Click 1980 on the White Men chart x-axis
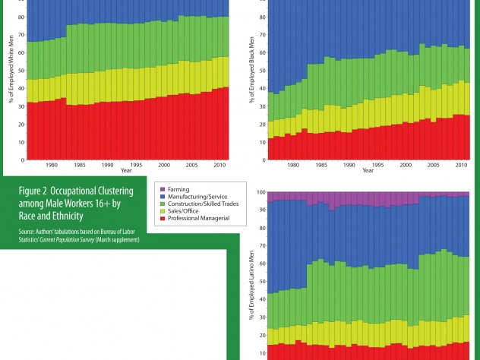point(52,164)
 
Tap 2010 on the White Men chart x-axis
point(219,164)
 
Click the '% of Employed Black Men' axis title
point(250,91)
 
